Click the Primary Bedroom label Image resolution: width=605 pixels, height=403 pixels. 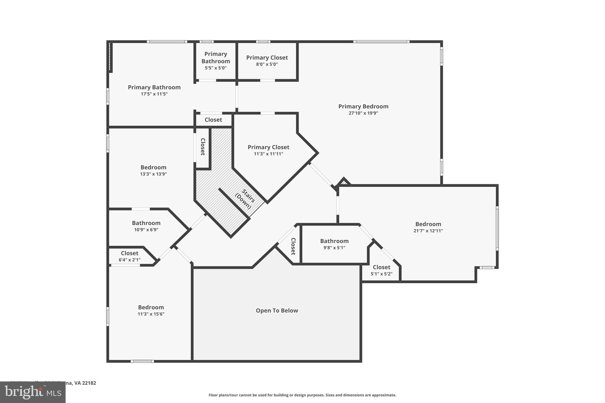pos(363,106)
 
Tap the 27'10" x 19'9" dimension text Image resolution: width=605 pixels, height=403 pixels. pos(363,113)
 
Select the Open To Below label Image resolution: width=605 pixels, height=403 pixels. pos(277,311)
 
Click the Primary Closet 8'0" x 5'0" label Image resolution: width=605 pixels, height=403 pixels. pos(267,58)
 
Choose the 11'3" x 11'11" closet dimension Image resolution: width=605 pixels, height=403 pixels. pos(268,154)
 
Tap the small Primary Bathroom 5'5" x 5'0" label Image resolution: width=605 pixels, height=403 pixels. pos(216,58)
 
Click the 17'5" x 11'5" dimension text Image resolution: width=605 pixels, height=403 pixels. pos(154,94)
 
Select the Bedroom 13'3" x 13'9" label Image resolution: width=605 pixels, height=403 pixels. pos(153,167)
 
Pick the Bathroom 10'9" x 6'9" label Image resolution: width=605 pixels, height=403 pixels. pos(146,223)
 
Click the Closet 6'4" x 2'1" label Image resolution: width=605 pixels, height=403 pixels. pos(129,253)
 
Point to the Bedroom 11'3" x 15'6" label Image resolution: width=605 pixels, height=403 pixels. pos(151,307)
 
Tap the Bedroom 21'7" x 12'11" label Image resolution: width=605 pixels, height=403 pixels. pos(428,224)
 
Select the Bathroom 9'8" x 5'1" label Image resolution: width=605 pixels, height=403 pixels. pos(334,241)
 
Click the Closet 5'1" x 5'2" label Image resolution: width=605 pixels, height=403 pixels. pos(381,267)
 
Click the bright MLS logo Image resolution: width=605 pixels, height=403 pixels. pos(32,392)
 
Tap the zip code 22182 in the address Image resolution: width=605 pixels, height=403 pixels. pos(89,383)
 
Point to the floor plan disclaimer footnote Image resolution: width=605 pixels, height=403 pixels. pos(302,395)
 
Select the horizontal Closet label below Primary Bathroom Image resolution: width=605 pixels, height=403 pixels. pos(213,120)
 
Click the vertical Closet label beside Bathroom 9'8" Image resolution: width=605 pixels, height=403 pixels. pos(293,246)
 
